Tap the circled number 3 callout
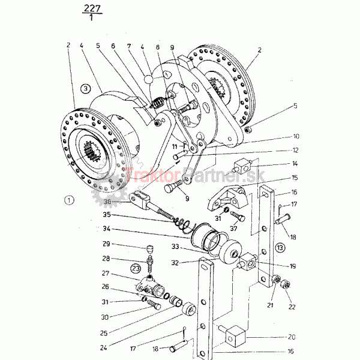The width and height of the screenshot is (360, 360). pyautogui.click(x=86, y=88)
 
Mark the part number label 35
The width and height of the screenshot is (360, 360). pyautogui.click(x=106, y=214)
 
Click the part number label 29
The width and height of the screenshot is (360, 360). pyautogui.click(x=106, y=244)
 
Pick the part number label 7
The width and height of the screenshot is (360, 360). pyautogui.click(x=128, y=45)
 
